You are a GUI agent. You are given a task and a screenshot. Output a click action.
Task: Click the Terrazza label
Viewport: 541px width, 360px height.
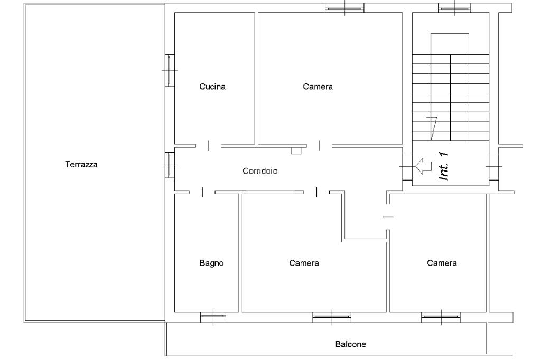(81, 164)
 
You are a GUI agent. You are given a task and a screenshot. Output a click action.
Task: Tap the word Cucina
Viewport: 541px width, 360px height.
(212, 87)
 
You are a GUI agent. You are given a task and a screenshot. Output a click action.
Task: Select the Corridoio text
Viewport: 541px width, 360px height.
(260, 171)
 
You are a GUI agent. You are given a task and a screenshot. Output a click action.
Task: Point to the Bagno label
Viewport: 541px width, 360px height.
(211, 263)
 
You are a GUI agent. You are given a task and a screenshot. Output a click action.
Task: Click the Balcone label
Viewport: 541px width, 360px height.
(350, 344)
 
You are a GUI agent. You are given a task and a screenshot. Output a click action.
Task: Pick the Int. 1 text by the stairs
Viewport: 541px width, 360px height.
(443, 166)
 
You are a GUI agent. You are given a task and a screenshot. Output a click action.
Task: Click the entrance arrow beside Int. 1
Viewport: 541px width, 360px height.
(423, 166)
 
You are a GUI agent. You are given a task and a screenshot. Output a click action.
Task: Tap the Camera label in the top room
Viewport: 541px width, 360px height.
(318, 87)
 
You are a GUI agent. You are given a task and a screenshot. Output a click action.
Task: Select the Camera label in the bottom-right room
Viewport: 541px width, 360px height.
(442, 263)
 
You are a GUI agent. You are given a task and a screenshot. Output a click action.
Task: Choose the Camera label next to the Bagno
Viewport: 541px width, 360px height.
(304, 263)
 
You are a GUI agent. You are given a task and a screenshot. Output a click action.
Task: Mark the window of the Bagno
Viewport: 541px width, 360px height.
(213, 317)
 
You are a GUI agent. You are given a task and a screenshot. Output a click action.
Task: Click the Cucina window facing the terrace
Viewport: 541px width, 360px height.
(169, 70)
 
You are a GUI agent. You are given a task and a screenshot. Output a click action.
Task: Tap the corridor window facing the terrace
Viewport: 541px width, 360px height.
(169, 165)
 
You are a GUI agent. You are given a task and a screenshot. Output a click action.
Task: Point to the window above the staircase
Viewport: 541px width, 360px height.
(454, 8)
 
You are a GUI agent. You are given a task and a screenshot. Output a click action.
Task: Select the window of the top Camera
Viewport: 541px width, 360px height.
(344, 8)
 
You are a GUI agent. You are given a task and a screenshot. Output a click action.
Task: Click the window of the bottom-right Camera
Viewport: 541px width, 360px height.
(441, 317)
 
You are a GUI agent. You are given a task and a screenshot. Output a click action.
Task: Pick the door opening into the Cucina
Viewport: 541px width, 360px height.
(208, 146)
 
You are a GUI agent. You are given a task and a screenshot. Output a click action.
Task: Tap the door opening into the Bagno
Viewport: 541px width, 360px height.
(202, 193)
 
